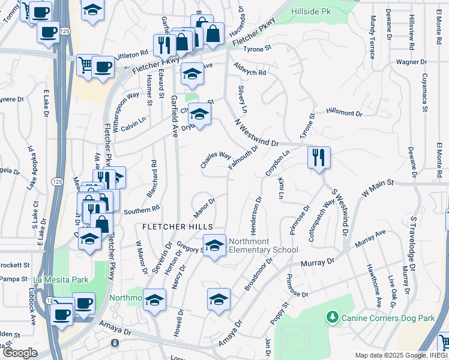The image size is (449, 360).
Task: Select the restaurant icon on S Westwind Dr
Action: click(x=319, y=158)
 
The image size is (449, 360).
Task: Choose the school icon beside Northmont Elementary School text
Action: click(x=214, y=245)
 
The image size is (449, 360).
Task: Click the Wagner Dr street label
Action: click(x=411, y=62)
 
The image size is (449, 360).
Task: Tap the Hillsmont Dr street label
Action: click(x=344, y=112)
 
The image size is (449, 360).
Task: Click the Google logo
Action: click(x=19, y=353)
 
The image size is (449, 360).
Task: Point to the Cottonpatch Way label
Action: click(x=321, y=221)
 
